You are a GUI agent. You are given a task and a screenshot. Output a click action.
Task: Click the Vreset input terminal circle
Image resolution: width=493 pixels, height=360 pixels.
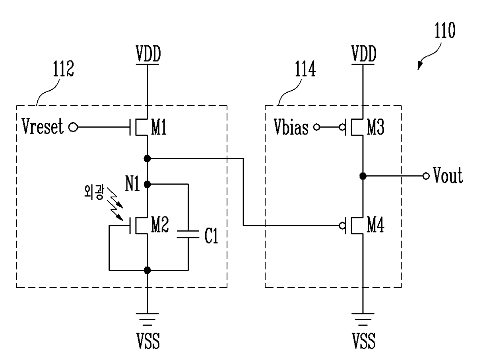[73, 127]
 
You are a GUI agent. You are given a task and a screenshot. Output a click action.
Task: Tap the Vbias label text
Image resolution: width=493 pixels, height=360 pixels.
[291, 127]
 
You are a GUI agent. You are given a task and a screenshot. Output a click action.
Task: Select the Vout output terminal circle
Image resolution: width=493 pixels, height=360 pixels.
[426, 176]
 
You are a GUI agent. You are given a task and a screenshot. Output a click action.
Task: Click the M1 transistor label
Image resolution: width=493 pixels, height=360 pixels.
[159, 127]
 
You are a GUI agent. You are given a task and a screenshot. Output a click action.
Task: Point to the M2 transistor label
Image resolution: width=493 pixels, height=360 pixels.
[160, 224]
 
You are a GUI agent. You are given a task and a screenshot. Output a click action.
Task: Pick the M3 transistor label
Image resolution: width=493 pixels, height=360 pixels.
[375, 127]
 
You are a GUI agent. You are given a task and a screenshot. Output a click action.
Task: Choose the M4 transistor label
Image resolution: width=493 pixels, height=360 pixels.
[375, 225]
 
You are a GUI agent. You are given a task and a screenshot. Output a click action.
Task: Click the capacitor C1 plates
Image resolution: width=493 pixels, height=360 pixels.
[188, 234]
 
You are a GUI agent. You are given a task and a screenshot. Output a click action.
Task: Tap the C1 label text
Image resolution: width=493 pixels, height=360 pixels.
[211, 235]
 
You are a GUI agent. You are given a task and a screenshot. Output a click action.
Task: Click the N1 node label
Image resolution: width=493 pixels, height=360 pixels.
[132, 183]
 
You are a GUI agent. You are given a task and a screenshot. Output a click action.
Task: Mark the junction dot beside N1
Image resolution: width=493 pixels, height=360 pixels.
[147, 184]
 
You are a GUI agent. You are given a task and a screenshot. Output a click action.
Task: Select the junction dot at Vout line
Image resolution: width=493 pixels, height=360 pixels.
[363, 176]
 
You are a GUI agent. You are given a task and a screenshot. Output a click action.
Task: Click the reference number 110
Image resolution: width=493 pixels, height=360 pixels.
[445, 31]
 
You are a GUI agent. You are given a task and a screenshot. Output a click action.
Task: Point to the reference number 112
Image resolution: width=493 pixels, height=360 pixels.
[63, 69]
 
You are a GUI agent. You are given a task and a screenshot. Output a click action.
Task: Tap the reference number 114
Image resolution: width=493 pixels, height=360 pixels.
[305, 69]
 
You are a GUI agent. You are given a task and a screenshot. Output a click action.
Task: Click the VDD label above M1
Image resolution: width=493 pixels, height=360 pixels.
[148, 54]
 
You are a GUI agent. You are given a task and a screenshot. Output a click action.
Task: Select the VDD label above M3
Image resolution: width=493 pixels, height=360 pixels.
[363, 54]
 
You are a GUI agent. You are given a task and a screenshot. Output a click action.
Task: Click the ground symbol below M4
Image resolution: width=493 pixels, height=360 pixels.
[363, 320]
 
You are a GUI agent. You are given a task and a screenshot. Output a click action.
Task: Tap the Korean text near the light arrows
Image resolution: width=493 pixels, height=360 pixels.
[93, 192]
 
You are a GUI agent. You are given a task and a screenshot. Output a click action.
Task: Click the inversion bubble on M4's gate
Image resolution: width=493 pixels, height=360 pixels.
[342, 226]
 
